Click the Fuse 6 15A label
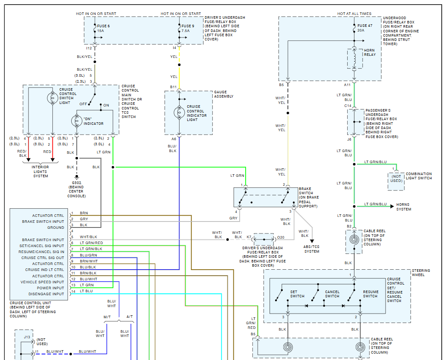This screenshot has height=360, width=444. (x=103, y=28)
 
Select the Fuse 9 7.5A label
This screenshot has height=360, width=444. (x=188, y=28)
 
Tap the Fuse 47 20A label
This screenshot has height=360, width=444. (x=365, y=28)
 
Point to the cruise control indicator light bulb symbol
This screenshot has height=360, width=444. (x=179, y=112)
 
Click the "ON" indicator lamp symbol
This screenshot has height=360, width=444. (x=77, y=121)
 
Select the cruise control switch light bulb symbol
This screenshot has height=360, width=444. (x=52, y=98)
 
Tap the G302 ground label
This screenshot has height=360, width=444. (x=76, y=189)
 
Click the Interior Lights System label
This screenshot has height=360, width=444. (x=40, y=171)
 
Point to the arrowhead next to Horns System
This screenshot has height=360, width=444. (x=392, y=207)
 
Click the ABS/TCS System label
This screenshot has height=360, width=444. (x=311, y=249)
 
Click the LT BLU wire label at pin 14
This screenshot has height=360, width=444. (x=86, y=291)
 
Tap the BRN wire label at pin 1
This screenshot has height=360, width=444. (x=84, y=213)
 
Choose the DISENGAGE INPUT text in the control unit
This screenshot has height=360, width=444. (x=46, y=294)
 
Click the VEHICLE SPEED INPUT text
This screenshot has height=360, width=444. (x=42, y=282)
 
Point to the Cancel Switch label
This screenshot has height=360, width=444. (x=332, y=294)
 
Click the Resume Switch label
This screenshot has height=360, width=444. (x=371, y=294)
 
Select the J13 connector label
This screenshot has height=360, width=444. (x=27, y=337)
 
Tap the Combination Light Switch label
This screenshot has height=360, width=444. (x=419, y=176)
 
